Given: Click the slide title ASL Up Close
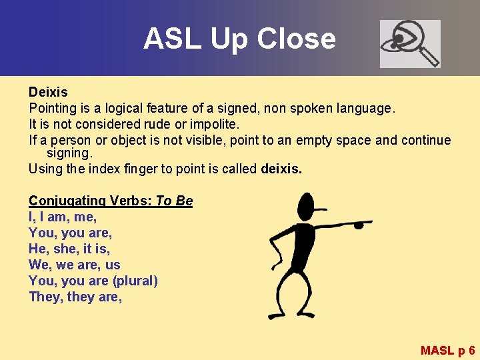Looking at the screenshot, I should tap(239, 39).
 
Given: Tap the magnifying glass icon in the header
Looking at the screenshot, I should tap(410, 43).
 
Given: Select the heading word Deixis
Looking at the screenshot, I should tap(48, 91).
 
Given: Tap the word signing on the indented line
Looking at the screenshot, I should tap(68, 153).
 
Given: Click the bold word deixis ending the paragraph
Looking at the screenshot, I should tap(281, 169).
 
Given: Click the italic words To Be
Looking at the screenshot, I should tap(174, 201).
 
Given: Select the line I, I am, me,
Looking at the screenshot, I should tap(63, 217).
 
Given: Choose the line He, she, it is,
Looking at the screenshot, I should tap(69, 249).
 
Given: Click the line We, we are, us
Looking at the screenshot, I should tap(74, 265).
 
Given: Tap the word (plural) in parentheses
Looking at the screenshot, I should tap(135, 281).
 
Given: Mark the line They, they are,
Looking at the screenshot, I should tap(75, 297).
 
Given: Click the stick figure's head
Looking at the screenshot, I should tap(306, 206).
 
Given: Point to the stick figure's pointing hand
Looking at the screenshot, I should tap(360, 223).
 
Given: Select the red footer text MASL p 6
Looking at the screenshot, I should tap(447, 350).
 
